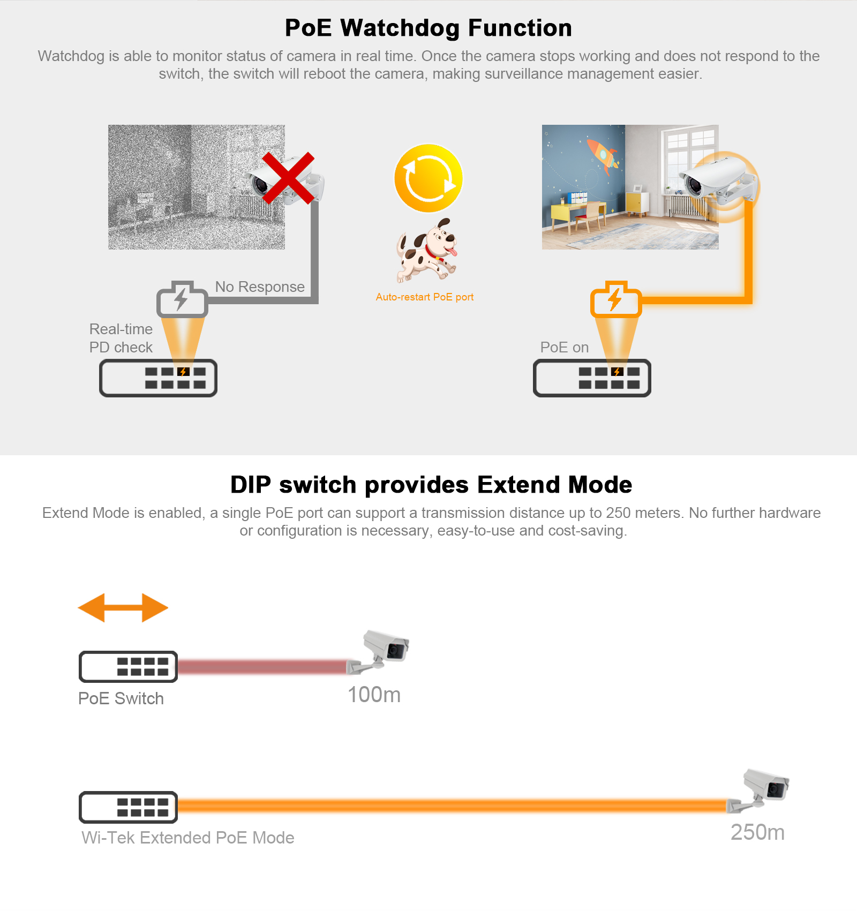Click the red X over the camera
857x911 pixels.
[x=288, y=178]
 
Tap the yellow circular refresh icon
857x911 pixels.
[x=428, y=178]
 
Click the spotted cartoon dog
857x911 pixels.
[x=427, y=250]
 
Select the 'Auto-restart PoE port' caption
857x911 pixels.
[x=425, y=297]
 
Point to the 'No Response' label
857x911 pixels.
[x=260, y=287]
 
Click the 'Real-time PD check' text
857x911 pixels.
[x=121, y=338]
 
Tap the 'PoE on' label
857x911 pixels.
[x=565, y=347]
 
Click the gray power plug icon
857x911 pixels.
[x=182, y=299]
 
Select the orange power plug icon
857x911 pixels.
[x=616, y=299]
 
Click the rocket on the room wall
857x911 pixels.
[x=603, y=156]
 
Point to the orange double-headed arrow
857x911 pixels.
[x=123, y=608]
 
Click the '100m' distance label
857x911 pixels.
[x=374, y=695]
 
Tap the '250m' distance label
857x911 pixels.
[x=758, y=832]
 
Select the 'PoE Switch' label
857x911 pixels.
[x=121, y=698]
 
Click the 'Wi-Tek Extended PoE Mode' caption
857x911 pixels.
[x=188, y=838]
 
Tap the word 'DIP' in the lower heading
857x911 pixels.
[x=250, y=485]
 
